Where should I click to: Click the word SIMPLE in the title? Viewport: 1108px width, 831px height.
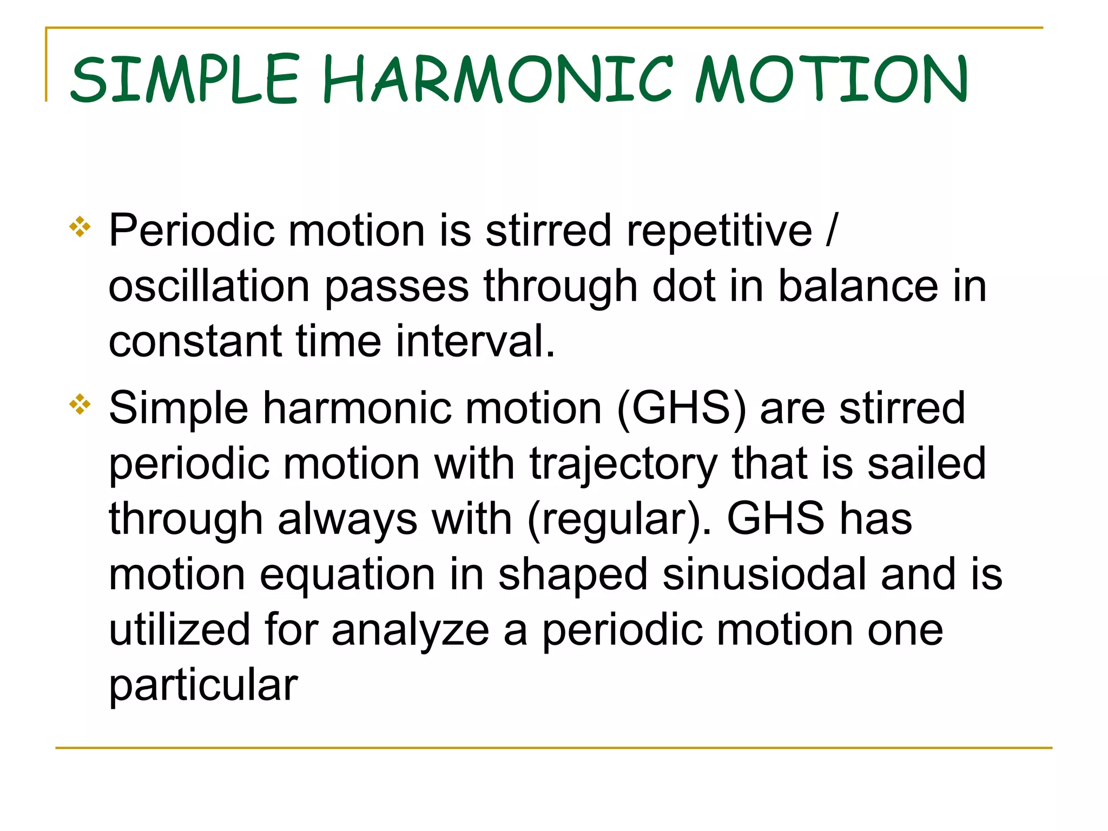click(184, 80)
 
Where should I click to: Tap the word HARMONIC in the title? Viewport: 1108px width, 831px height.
click(498, 80)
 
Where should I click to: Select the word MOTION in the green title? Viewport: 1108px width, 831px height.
click(832, 80)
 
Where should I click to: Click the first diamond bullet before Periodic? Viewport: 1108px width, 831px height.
click(80, 227)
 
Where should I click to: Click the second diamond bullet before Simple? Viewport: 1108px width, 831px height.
click(80, 404)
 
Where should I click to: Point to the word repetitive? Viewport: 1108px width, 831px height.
click(719, 232)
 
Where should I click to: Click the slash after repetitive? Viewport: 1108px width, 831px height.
click(832, 232)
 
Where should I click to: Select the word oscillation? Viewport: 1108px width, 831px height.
click(209, 287)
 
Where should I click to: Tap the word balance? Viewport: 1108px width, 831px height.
click(858, 287)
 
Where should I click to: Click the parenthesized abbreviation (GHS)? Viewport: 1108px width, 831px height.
click(681, 408)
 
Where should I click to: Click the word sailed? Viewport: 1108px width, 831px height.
click(926, 464)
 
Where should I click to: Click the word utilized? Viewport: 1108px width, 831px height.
click(179, 630)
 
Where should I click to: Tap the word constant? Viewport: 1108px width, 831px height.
click(195, 342)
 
